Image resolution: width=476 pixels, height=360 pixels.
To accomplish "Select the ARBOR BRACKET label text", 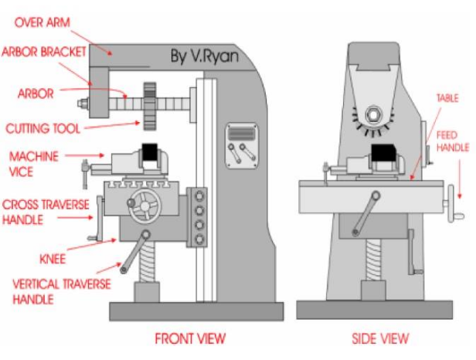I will pos(44,53).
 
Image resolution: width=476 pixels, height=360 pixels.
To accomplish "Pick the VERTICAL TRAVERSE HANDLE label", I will pos(56,291).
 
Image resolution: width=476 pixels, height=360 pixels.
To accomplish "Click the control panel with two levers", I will pos(240,144).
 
